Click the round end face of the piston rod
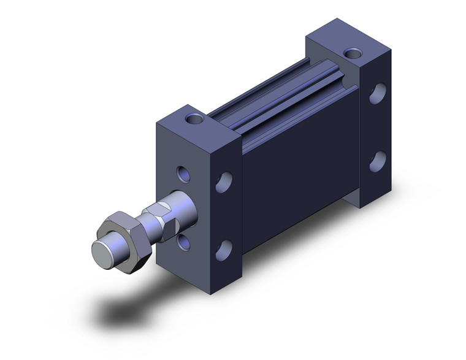(102, 251)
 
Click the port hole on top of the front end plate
(195, 118)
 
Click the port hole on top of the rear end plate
(353, 54)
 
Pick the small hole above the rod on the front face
(182, 174)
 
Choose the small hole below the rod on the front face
(183, 242)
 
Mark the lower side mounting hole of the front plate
(225, 249)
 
